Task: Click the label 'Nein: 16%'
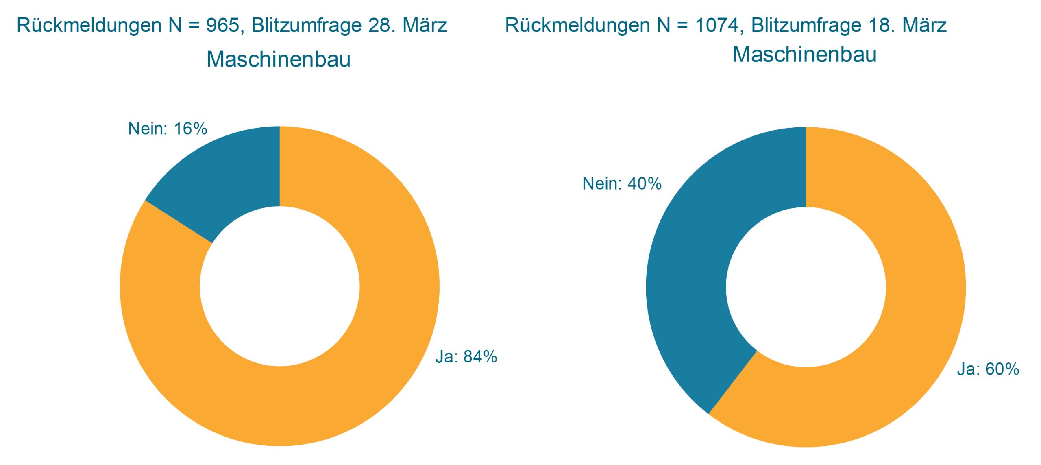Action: [168, 129]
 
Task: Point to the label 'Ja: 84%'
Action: [466, 357]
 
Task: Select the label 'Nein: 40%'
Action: [622, 184]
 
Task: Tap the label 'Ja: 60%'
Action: [988, 369]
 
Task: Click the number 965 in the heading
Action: [223, 26]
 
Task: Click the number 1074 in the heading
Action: [717, 26]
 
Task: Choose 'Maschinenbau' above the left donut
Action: [279, 59]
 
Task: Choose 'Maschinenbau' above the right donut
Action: [804, 55]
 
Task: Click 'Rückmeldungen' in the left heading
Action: [89, 26]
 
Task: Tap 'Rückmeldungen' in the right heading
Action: [577, 26]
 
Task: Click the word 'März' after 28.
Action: [425, 26]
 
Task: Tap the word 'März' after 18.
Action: [924, 26]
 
